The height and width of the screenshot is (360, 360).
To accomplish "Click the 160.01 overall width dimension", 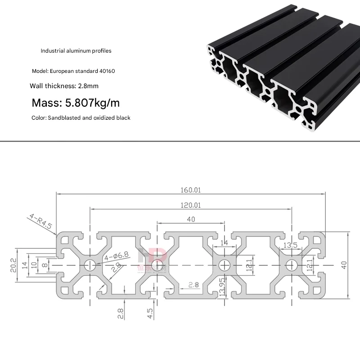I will point(191,190).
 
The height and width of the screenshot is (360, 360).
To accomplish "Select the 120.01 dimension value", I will point(191,205).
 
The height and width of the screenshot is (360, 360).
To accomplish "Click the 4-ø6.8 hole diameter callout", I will point(116,257).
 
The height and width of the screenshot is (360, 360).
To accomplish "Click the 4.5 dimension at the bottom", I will point(150,312).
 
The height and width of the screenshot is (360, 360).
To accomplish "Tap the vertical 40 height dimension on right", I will point(345,265).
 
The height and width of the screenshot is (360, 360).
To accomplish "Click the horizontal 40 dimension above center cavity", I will point(191,219).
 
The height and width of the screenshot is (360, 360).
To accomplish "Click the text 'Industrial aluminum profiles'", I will point(76,51).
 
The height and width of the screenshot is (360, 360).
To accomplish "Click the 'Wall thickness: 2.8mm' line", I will point(64,85).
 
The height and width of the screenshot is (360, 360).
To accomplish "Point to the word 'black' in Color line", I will point(122,118).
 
